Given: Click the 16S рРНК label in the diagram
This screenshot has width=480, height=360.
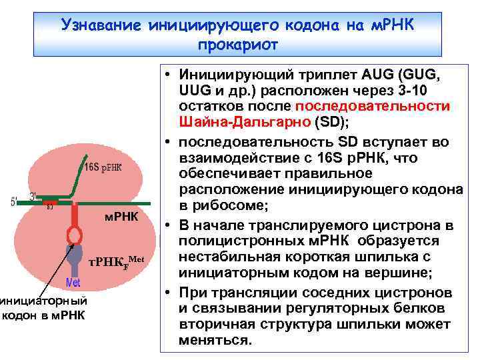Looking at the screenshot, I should [103, 166].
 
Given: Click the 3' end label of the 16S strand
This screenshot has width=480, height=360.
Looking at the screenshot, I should [33, 196].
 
